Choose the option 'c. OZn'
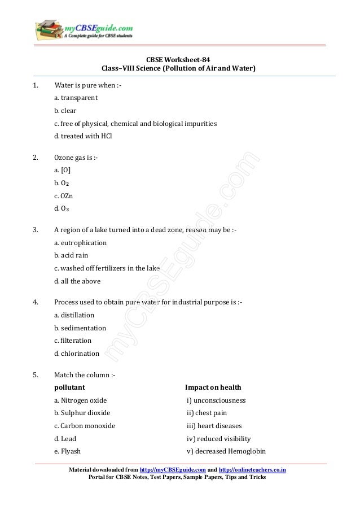(64, 195)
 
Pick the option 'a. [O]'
(62, 169)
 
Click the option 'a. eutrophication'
(80, 242)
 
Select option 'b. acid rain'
(71, 255)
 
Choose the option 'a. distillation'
(74, 315)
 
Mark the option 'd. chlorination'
(76, 354)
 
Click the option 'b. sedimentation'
(80, 328)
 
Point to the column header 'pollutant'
(69, 387)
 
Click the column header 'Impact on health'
(213, 387)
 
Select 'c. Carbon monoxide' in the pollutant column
(85, 426)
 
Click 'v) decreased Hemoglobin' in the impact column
(226, 451)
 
